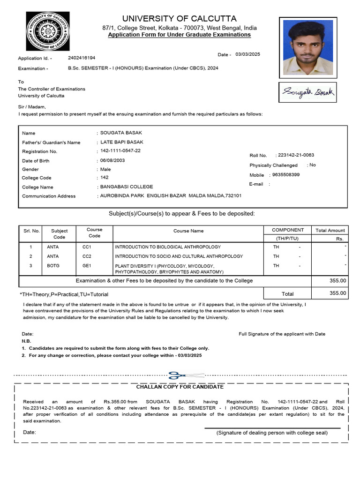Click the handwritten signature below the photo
[x=307, y=92]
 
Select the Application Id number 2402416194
[x=82, y=58]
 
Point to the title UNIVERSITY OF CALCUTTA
[x=179, y=19]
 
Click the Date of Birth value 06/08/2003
[x=113, y=160]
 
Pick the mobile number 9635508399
[x=286, y=175]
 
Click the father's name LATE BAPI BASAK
[x=122, y=142]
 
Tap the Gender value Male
[x=105, y=169]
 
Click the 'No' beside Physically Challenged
[x=313, y=165]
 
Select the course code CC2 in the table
[x=87, y=256]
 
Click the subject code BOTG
[x=53, y=266]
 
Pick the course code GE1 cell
[x=87, y=266]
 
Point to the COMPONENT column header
[x=288, y=230]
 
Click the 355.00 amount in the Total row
[x=338, y=293]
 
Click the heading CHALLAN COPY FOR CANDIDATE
[x=180, y=387]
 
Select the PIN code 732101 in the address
[x=233, y=195]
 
